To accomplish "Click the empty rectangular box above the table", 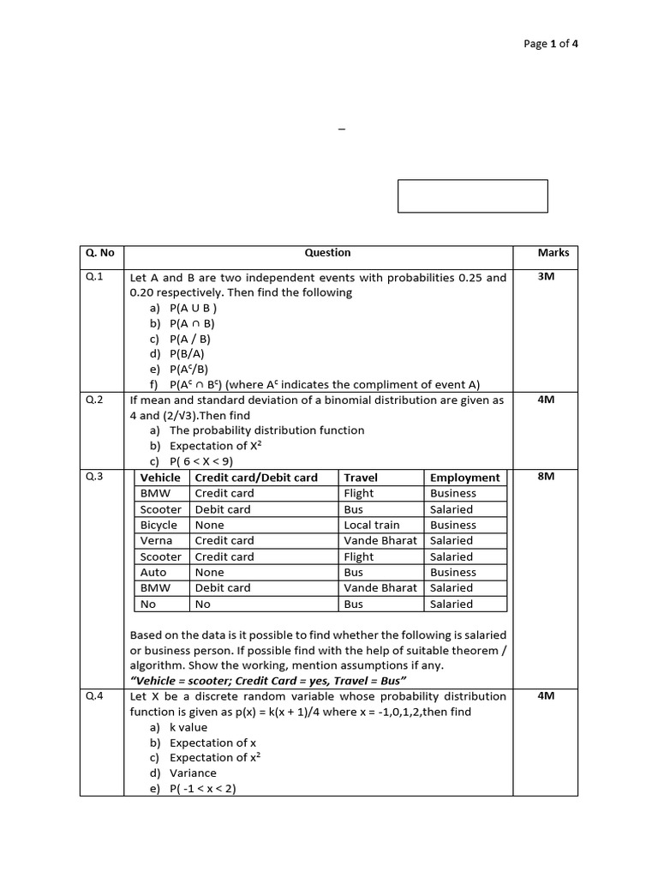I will point(472,195).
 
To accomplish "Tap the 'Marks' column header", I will point(553,253).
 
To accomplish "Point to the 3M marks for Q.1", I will point(546,277).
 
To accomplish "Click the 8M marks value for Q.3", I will point(546,476).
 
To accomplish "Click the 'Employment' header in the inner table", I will point(464,478).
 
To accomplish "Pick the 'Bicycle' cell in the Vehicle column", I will point(159,525).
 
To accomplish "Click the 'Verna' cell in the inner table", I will point(156,541).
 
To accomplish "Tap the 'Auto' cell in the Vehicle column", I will point(153,572).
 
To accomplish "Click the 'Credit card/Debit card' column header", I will point(256,478).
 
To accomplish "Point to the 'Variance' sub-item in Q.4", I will point(193,773).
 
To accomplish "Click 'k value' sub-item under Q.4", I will point(188,727).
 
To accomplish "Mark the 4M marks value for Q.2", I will point(546,400).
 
